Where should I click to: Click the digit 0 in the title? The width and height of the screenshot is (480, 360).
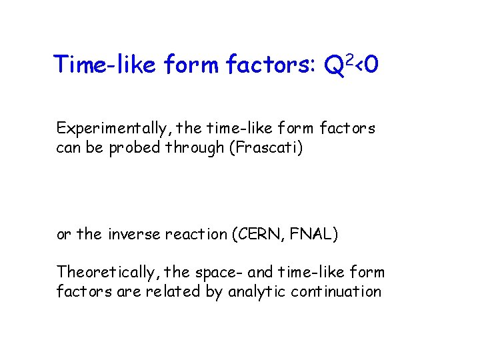point(372,65)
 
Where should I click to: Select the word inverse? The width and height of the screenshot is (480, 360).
point(129,235)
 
